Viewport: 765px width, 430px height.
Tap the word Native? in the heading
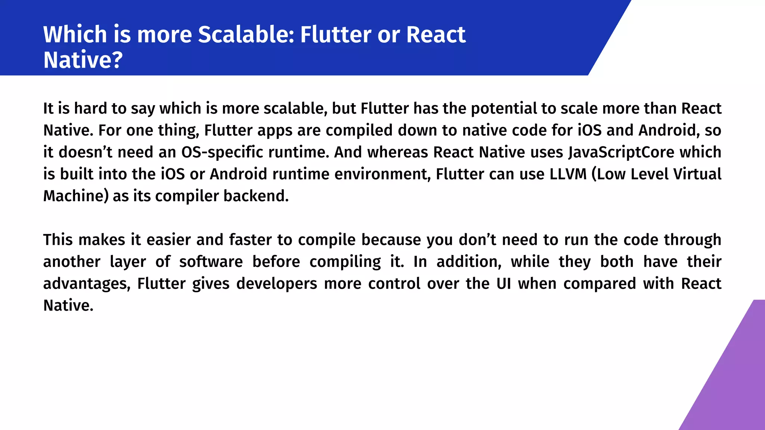click(x=83, y=60)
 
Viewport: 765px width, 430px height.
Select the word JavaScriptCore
click(x=621, y=152)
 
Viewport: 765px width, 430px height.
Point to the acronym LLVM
click(x=568, y=174)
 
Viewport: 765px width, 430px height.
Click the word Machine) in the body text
click(x=75, y=196)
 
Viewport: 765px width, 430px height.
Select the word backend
click(x=256, y=196)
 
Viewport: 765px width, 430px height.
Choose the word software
click(x=211, y=262)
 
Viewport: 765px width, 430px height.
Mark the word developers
click(x=276, y=284)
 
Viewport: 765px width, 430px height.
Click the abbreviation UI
click(x=504, y=284)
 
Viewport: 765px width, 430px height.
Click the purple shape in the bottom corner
click(x=732, y=384)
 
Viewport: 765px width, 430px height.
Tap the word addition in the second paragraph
click(x=468, y=262)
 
